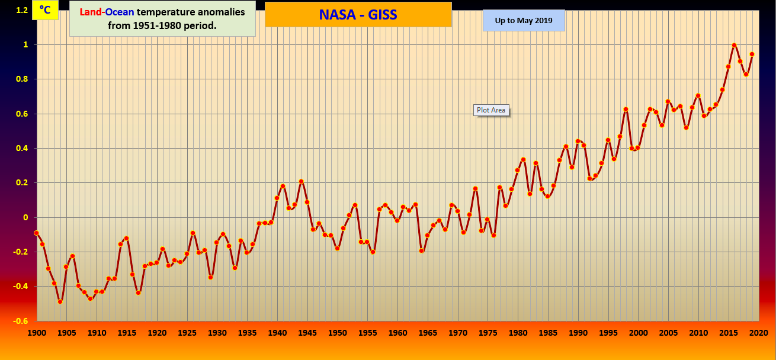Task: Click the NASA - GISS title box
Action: click(x=358, y=14)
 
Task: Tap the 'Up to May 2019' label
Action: click(x=524, y=21)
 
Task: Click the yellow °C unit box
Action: click(x=45, y=10)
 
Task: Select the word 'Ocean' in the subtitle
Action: click(x=120, y=12)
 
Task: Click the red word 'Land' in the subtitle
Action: click(x=91, y=12)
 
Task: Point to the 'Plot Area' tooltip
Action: click(x=491, y=110)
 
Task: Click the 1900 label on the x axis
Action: click(x=37, y=333)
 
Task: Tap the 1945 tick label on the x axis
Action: click(x=307, y=333)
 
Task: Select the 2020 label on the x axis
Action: click(x=758, y=333)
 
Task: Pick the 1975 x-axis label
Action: click(x=488, y=333)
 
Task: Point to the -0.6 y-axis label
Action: click(x=20, y=321)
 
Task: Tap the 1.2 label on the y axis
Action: click(x=21, y=10)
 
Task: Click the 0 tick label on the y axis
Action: click(x=25, y=217)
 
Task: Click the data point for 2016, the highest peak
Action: click(x=734, y=45)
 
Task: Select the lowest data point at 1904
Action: click(x=60, y=301)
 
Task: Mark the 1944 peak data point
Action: click(x=301, y=181)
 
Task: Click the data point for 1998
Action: click(x=626, y=109)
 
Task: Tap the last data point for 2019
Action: click(x=752, y=54)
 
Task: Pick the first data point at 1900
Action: click(x=36, y=233)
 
